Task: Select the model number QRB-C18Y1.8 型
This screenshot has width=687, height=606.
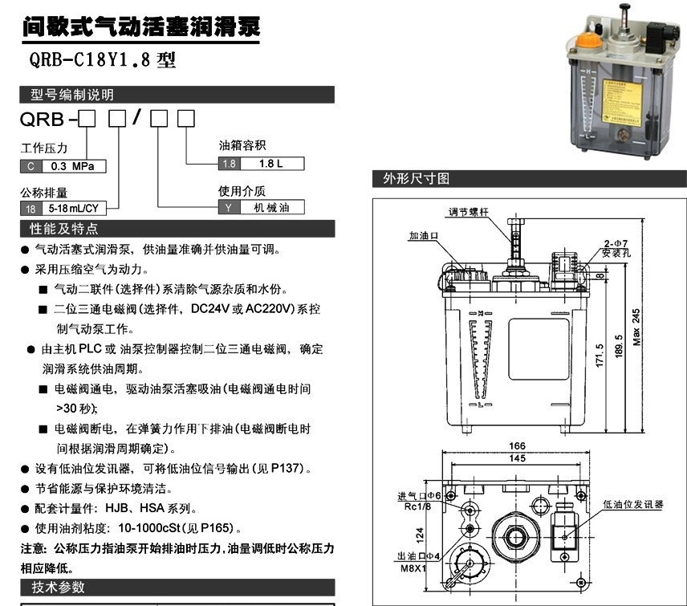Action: pos(102,59)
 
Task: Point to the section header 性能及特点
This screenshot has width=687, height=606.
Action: pos(63,229)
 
